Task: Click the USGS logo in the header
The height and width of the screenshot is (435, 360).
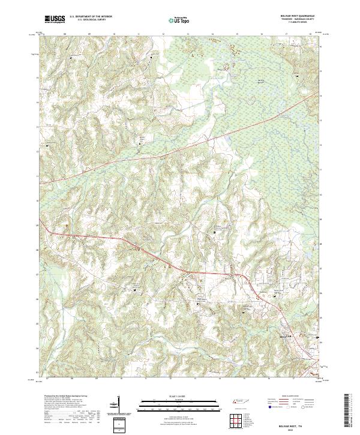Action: (x=55, y=19)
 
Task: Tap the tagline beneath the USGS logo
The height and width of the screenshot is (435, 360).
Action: (x=55, y=23)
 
